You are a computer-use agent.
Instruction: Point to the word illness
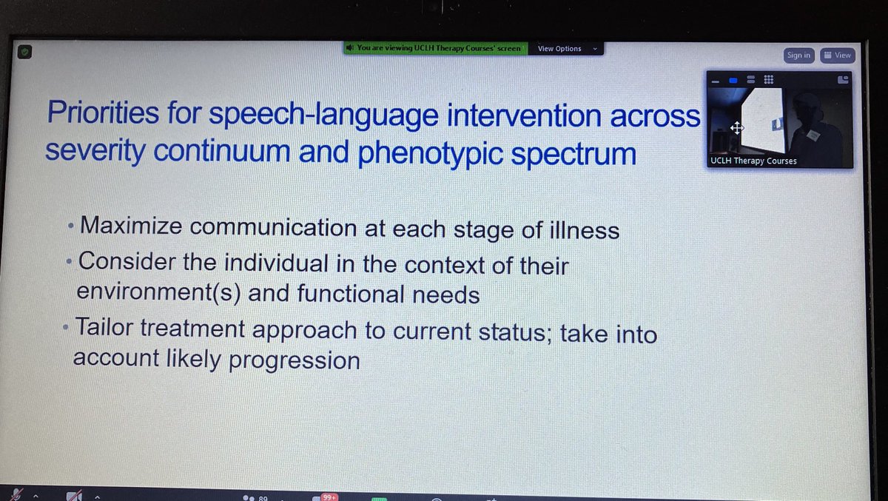(582, 230)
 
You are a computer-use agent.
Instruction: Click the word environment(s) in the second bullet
(159, 293)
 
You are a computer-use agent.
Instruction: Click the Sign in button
(798, 55)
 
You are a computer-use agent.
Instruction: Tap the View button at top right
(838, 55)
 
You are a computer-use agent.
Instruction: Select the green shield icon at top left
(24, 53)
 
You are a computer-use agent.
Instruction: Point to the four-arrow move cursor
(736, 127)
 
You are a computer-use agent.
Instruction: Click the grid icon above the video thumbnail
(768, 79)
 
